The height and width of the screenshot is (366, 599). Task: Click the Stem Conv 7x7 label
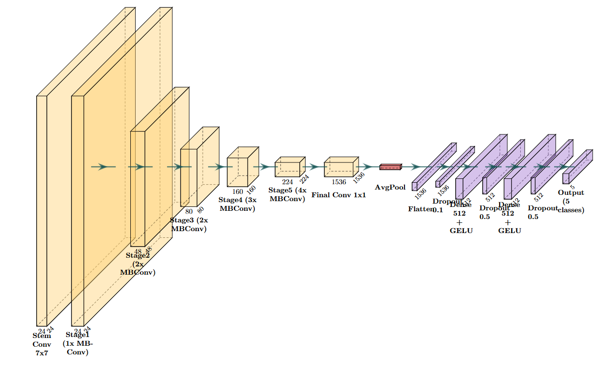[42, 344]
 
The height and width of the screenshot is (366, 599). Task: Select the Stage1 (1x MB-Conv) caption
[78, 343]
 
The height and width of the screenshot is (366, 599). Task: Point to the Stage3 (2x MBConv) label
[189, 224]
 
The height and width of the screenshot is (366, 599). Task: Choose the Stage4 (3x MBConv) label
[237, 204]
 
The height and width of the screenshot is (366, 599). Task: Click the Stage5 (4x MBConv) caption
[287, 194]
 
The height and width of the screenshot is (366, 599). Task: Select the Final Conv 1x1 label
[339, 195]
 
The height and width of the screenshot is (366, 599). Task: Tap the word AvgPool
[390, 187]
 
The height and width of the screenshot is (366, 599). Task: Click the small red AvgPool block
[390, 167]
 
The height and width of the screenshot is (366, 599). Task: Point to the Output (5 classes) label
[571, 201]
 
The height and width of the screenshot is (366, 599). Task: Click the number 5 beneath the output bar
[572, 187]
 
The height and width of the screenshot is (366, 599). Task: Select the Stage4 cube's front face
[237, 172]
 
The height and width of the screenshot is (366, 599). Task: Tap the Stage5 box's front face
[287, 170]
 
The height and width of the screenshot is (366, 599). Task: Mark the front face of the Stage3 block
[188, 177]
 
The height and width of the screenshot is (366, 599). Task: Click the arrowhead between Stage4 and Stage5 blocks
[265, 167]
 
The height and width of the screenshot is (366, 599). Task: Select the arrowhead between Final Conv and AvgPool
[368, 167]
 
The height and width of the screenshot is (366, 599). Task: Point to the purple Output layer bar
[566, 178]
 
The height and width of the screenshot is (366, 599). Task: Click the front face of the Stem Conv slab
[42, 210]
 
